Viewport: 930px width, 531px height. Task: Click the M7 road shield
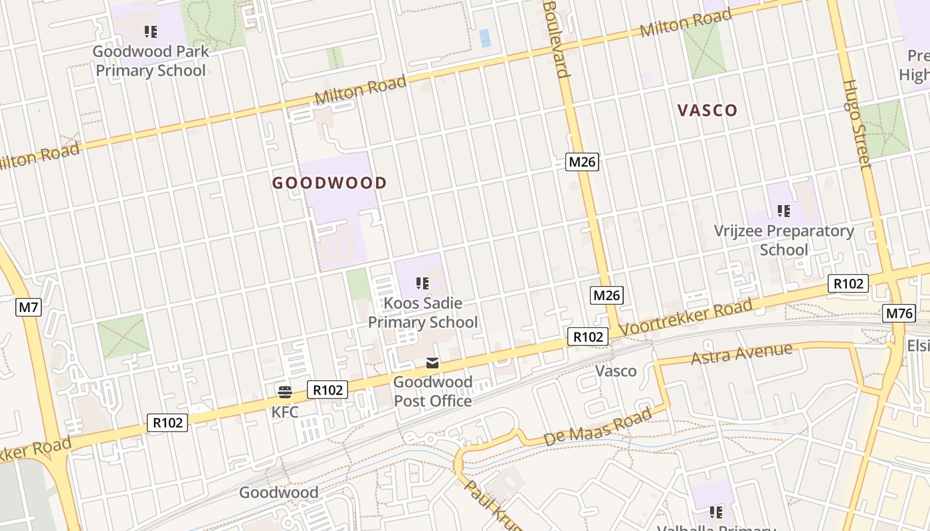pos(29,307)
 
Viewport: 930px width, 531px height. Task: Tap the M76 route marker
pos(899,313)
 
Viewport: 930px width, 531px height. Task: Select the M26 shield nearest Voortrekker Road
pos(607,295)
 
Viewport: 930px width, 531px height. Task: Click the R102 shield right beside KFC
pos(327,390)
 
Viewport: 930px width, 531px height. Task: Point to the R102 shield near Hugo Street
pos(848,283)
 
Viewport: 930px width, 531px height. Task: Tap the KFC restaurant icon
pos(285,392)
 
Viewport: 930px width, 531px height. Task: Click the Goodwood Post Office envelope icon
pos(432,362)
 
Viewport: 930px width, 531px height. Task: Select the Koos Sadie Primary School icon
pos(422,283)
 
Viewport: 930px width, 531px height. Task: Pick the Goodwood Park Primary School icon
pos(151,31)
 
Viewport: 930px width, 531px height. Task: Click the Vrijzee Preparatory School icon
pos(784,211)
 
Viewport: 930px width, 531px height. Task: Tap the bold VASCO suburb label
pos(707,110)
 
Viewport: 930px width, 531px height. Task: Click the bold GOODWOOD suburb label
pos(329,183)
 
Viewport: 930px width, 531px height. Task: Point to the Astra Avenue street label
pos(741,353)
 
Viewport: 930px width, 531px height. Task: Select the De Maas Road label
pos(598,427)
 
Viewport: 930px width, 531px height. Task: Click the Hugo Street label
pos(856,124)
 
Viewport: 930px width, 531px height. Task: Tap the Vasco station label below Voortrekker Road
pos(616,371)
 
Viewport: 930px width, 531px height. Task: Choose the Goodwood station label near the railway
pos(278,493)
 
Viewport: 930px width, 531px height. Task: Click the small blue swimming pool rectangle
pos(486,38)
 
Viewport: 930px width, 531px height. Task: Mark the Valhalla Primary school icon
pos(715,512)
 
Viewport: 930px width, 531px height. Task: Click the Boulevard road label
pos(557,38)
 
